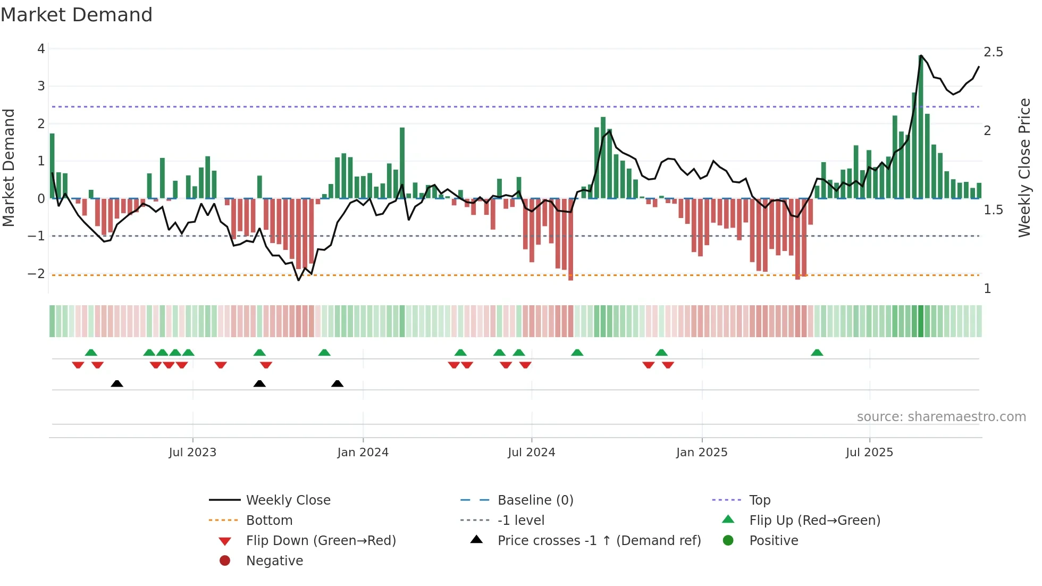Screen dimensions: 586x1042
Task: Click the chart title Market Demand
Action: (77, 15)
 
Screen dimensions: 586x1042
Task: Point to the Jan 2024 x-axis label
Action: (363, 453)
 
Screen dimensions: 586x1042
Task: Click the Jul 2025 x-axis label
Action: (869, 453)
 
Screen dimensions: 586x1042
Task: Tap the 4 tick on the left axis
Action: (41, 49)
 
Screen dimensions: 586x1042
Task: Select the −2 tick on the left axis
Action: (37, 274)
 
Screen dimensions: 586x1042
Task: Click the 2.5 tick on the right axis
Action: (993, 52)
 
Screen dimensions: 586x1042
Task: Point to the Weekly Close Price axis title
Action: (1024, 168)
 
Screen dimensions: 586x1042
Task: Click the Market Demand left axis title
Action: (9, 168)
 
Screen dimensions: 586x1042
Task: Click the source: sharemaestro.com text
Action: (941, 416)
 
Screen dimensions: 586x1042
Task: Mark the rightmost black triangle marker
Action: (337, 383)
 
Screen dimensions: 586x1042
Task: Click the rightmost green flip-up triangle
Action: (817, 353)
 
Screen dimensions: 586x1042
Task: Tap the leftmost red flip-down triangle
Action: (78, 365)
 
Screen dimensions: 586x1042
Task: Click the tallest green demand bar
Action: (921, 128)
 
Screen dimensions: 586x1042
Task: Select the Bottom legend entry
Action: (269, 520)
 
